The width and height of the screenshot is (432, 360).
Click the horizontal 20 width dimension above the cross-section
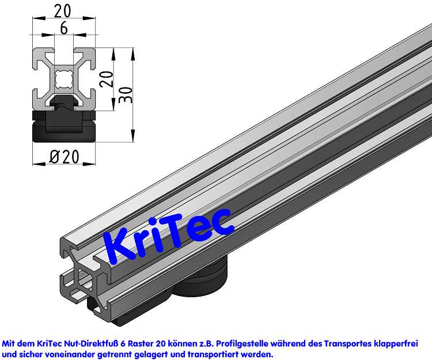click(x=64, y=10)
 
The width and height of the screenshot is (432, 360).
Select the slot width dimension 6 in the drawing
click(x=63, y=27)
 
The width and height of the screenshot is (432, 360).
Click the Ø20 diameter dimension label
click(x=63, y=156)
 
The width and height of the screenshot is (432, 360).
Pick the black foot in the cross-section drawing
click(x=63, y=124)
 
